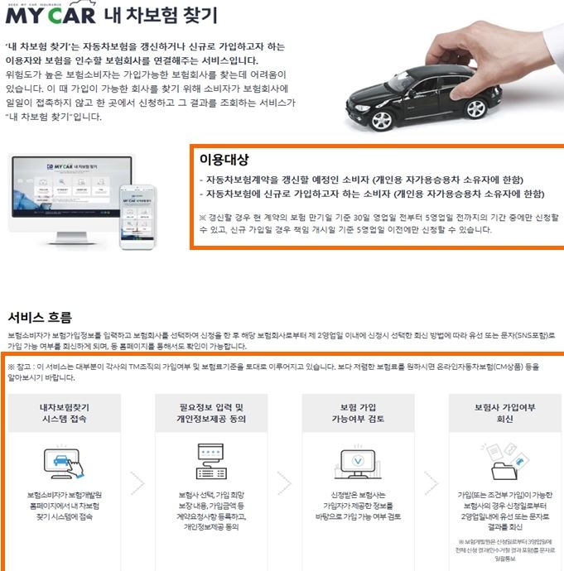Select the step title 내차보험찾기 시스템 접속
[65, 413]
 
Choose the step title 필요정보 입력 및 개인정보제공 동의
[211, 413]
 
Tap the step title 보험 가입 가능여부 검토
[358, 413]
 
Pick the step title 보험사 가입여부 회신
[504, 413]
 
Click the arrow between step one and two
[138, 482]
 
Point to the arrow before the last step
[431, 482]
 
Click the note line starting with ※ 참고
[248, 365]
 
